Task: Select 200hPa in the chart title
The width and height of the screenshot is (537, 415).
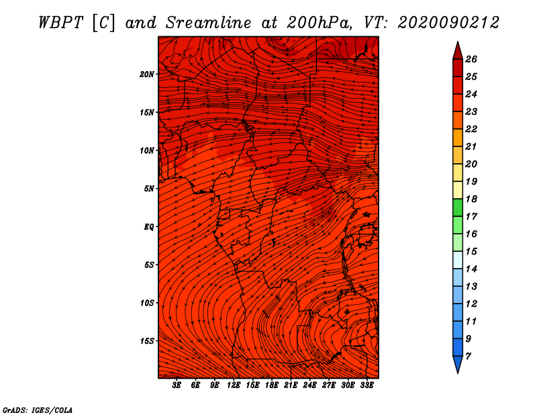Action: pos(315,21)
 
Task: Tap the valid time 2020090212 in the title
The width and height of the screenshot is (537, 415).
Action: pos(448,21)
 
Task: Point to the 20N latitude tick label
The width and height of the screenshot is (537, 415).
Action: pos(147,74)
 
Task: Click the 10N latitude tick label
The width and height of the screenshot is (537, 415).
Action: pos(147,150)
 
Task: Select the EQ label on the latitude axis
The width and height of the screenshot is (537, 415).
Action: pos(148,227)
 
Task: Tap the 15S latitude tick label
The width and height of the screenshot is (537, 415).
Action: pos(147,341)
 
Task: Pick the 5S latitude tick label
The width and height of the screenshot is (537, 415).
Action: pos(149,265)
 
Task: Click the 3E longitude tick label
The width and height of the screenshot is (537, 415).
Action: pos(177,385)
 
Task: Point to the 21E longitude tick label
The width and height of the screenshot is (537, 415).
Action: pos(291,385)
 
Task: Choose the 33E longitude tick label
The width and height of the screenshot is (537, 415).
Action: pos(367,385)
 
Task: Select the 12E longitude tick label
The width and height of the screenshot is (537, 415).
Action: pos(234,385)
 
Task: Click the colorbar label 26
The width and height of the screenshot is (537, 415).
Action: pos(471,59)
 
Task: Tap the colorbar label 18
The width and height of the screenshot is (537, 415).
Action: pos(471,199)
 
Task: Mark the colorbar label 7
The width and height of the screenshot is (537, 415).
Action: pos(468,356)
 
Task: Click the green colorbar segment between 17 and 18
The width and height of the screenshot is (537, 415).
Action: pos(457,208)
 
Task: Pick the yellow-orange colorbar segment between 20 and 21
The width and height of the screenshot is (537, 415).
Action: pos(457,155)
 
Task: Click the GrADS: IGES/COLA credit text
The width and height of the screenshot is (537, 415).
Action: pos(38,409)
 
